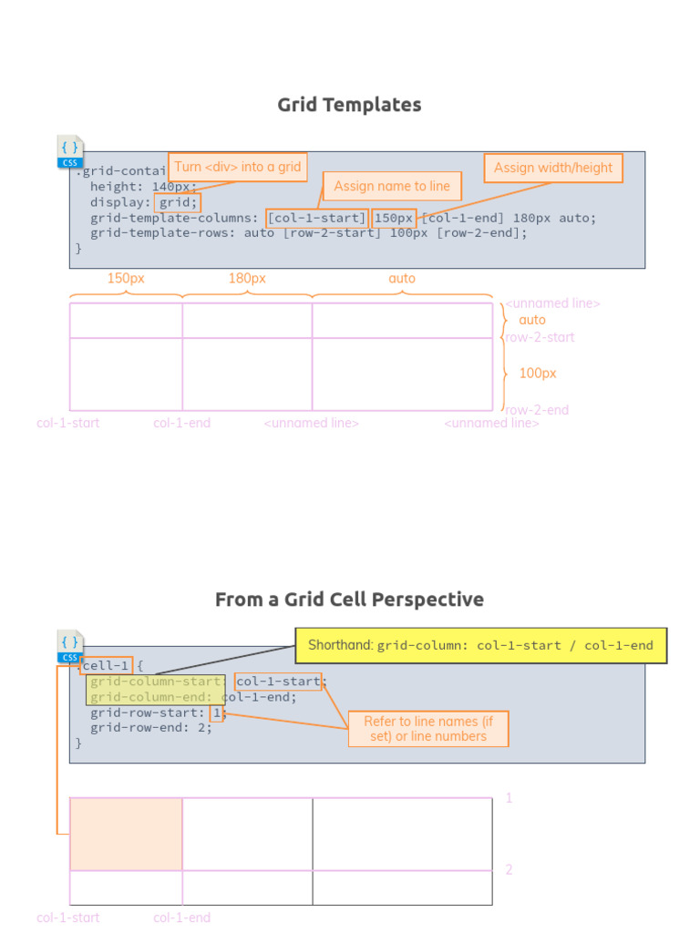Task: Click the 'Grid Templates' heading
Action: click(x=349, y=105)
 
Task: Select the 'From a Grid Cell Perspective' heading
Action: click(x=349, y=600)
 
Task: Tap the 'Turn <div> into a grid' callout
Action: click(x=237, y=168)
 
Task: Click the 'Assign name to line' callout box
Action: click(x=392, y=186)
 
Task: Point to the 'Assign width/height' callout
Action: click(x=553, y=168)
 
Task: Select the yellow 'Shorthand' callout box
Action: click(x=480, y=645)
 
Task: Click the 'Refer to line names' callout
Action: click(x=428, y=728)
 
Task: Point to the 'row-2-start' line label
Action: click(x=540, y=337)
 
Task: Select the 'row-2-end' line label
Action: click(x=538, y=410)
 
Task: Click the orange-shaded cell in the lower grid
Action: click(x=126, y=834)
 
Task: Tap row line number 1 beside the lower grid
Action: click(x=509, y=798)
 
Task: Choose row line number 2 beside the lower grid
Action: click(x=509, y=870)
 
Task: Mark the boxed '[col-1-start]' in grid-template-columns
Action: click(x=316, y=219)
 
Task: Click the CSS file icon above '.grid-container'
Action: click(x=70, y=152)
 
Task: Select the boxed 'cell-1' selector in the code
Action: click(x=106, y=666)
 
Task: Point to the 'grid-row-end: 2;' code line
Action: click(x=150, y=728)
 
